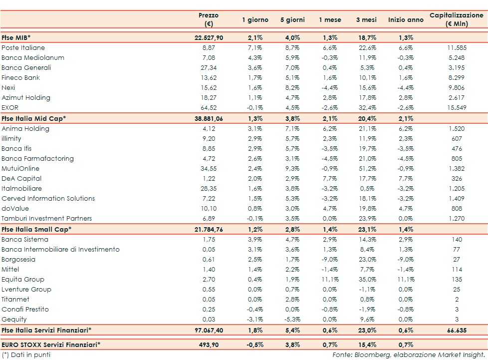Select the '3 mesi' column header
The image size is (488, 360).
(x=366, y=20)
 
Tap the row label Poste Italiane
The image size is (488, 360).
(x=23, y=47)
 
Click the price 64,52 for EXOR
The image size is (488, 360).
(x=208, y=107)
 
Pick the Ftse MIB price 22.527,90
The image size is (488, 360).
(x=208, y=37)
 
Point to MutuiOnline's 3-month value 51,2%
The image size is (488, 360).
(x=366, y=168)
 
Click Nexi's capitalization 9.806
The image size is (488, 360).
(x=457, y=87)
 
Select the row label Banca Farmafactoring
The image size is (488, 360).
(x=37, y=158)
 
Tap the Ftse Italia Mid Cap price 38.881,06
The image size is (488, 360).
(x=208, y=118)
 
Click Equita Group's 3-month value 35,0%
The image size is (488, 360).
(x=366, y=279)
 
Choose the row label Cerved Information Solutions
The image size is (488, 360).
(x=48, y=198)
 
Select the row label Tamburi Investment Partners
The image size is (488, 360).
(x=46, y=218)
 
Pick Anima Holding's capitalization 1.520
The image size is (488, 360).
(x=457, y=128)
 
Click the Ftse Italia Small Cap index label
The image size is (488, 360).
(x=36, y=229)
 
